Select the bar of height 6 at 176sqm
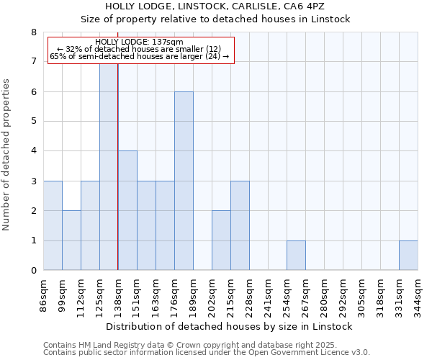[x=184, y=181]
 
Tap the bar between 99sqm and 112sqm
[x=71, y=240]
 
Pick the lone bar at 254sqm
[x=296, y=256]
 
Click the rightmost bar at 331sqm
[x=408, y=256]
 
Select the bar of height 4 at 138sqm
[x=127, y=210]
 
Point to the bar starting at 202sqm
[x=221, y=240]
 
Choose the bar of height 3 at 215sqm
[x=240, y=225]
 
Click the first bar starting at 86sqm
[x=53, y=225]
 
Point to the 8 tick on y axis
[x=33, y=32]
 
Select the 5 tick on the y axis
[x=33, y=122]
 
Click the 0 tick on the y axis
[x=33, y=271]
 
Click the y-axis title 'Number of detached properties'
[x=7, y=156]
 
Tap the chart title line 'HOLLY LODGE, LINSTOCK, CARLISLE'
[x=215, y=6]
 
